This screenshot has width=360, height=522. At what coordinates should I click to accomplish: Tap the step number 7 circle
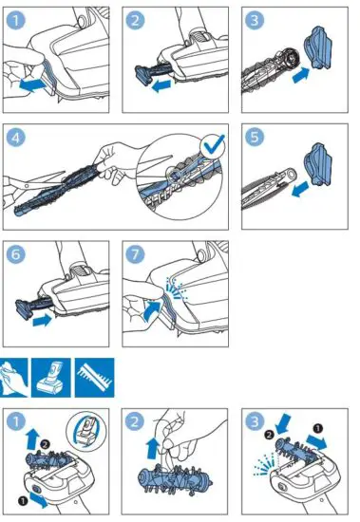click(x=137, y=255)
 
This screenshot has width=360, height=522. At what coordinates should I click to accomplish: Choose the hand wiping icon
click(x=17, y=374)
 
